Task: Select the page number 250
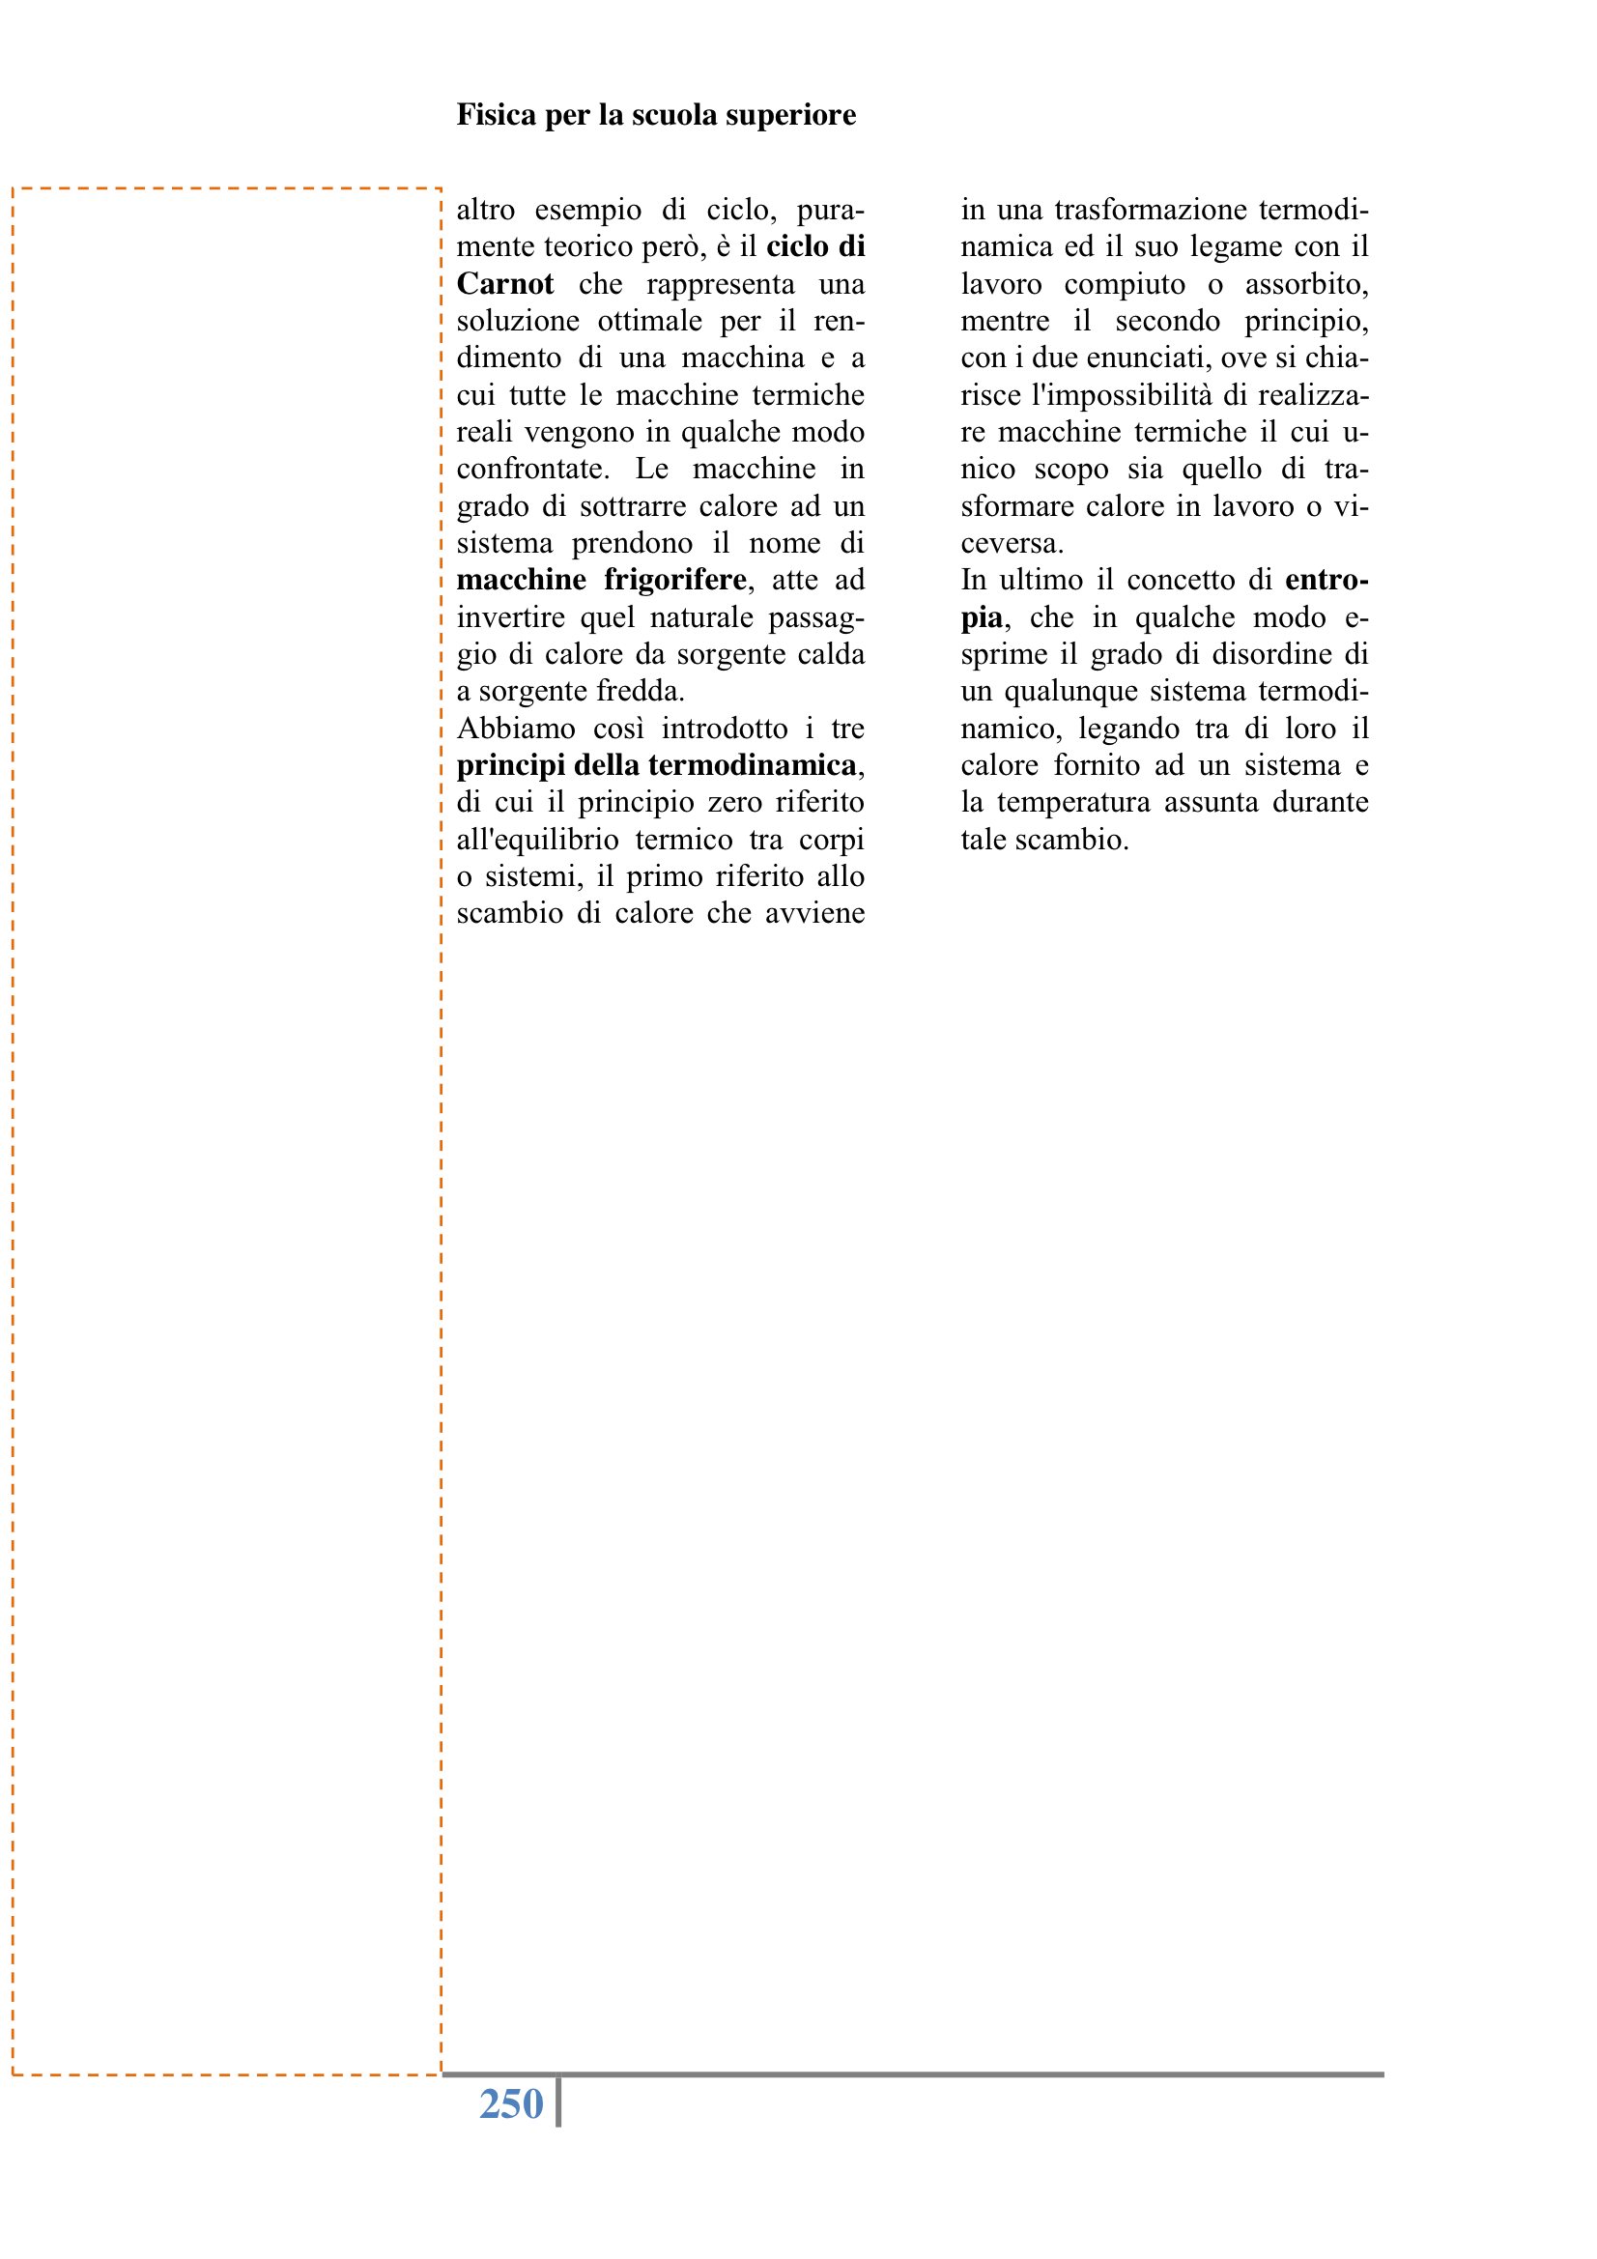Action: pyautogui.click(x=511, y=2103)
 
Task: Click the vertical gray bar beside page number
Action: pyautogui.click(x=557, y=2102)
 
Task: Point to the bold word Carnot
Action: pyautogui.click(x=504, y=284)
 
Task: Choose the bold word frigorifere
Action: pyautogui.click(x=675, y=581)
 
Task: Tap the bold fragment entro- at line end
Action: pyautogui.click(x=1326, y=581)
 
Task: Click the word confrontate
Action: pyautogui.click(x=532, y=470)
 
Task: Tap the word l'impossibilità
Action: pyautogui.click(x=1122, y=395)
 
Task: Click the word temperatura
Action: pyautogui.click(x=1072, y=803)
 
